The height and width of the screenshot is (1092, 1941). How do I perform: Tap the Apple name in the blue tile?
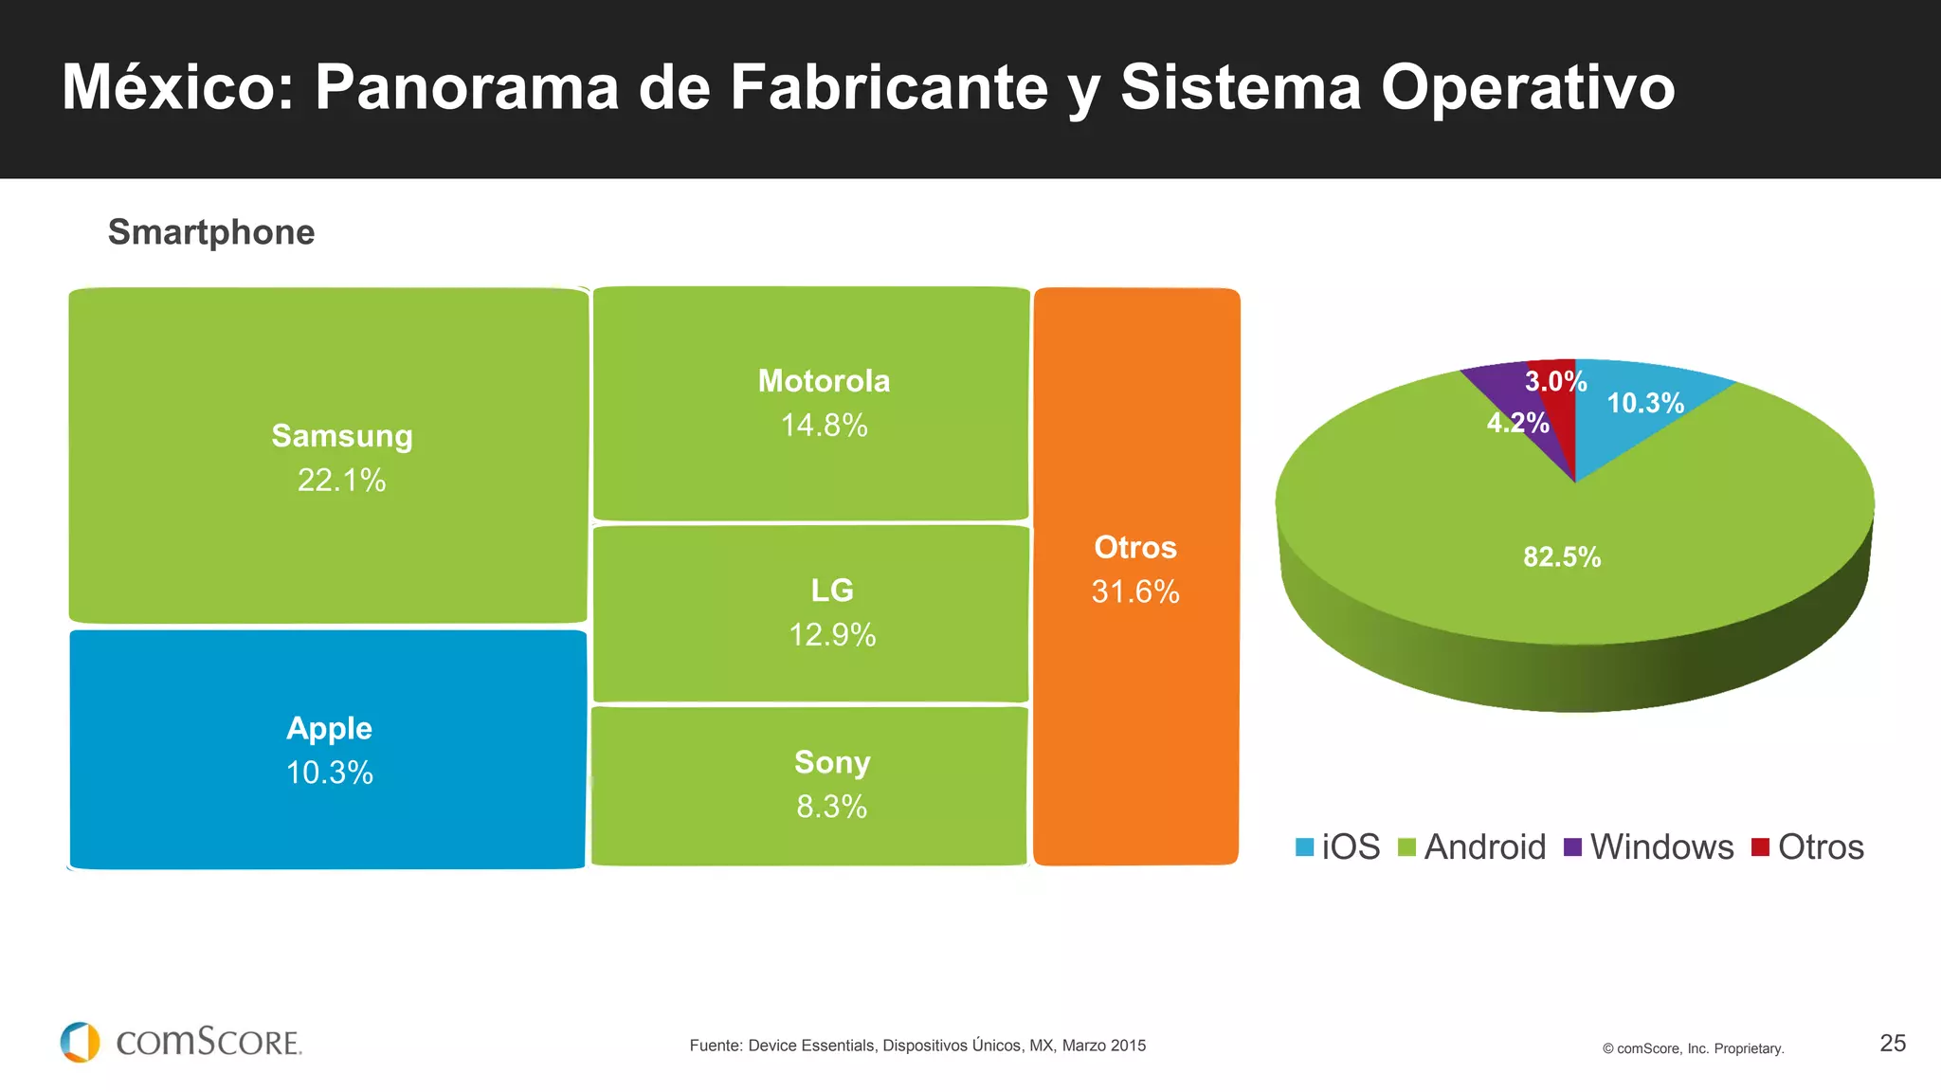click(x=329, y=728)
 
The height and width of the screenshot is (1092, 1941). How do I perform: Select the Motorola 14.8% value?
click(x=824, y=426)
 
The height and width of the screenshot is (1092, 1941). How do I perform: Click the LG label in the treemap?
click(x=832, y=591)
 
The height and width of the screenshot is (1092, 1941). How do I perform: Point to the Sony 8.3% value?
click(x=831, y=807)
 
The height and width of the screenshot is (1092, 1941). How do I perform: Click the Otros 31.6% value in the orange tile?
click(x=1135, y=592)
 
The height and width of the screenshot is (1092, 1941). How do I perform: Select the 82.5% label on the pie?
click(x=1562, y=556)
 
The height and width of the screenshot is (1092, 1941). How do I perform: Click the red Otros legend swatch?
click(x=1760, y=846)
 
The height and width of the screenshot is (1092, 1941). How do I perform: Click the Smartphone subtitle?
click(x=211, y=232)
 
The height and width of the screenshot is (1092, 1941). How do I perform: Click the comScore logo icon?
click(x=81, y=1042)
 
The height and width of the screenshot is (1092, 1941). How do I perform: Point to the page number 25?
click(x=1892, y=1043)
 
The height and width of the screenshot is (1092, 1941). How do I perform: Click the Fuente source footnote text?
click(x=917, y=1046)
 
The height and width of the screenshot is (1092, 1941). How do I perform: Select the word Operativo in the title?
click(x=1528, y=87)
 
